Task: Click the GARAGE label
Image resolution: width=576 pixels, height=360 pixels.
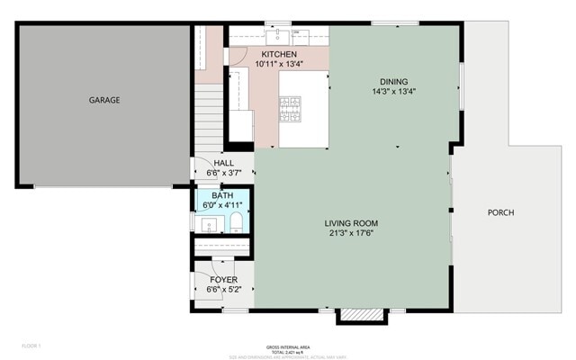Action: tap(103, 100)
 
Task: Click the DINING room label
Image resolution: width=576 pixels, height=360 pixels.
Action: tap(393, 81)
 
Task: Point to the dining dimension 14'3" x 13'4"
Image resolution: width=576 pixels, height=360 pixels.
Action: tap(393, 91)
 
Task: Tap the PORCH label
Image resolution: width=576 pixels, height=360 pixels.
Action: tap(500, 213)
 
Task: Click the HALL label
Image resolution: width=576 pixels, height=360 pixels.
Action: tap(223, 163)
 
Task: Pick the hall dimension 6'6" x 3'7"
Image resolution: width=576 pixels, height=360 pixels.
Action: tap(223, 173)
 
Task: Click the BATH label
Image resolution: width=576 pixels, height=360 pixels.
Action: tap(221, 195)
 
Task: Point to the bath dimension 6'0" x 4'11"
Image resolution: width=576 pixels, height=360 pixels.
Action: tap(221, 205)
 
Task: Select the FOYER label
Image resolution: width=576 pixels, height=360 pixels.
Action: tap(223, 280)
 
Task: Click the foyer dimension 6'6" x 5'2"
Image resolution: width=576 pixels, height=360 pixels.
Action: tap(223, 290)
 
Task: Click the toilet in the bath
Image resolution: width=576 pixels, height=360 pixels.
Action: tap(236, 221)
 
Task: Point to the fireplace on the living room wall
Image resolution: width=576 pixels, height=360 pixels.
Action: tap(349, 316)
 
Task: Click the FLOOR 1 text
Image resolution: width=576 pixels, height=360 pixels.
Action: tap(31, 346)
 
